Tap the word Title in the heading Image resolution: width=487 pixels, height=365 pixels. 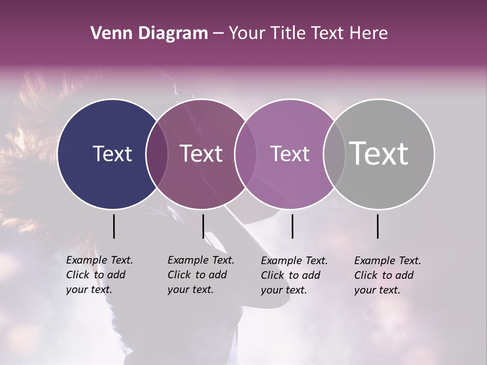(289, 33)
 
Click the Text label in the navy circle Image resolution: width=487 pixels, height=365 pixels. (112, 154)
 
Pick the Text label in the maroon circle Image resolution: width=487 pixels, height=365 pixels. (201, 154)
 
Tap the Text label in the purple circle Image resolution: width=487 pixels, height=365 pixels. (290, 154)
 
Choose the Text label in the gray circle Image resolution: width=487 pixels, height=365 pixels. (378, 154)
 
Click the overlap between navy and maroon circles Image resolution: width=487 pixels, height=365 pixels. (157, 154)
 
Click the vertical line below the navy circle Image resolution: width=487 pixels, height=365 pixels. (114, 226)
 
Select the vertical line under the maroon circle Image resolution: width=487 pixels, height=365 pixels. (203, 226)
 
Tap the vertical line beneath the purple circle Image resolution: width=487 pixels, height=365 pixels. (293, 226)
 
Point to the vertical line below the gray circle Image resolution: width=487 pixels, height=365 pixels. (377, 226)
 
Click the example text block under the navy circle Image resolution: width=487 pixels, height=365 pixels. (99, 275)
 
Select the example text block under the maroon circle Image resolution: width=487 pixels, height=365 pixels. (200, 275)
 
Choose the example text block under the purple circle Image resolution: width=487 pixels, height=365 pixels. (294, 275)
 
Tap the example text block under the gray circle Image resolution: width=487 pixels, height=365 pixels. (387, 275)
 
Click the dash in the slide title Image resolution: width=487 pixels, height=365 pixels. (218, 34)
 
